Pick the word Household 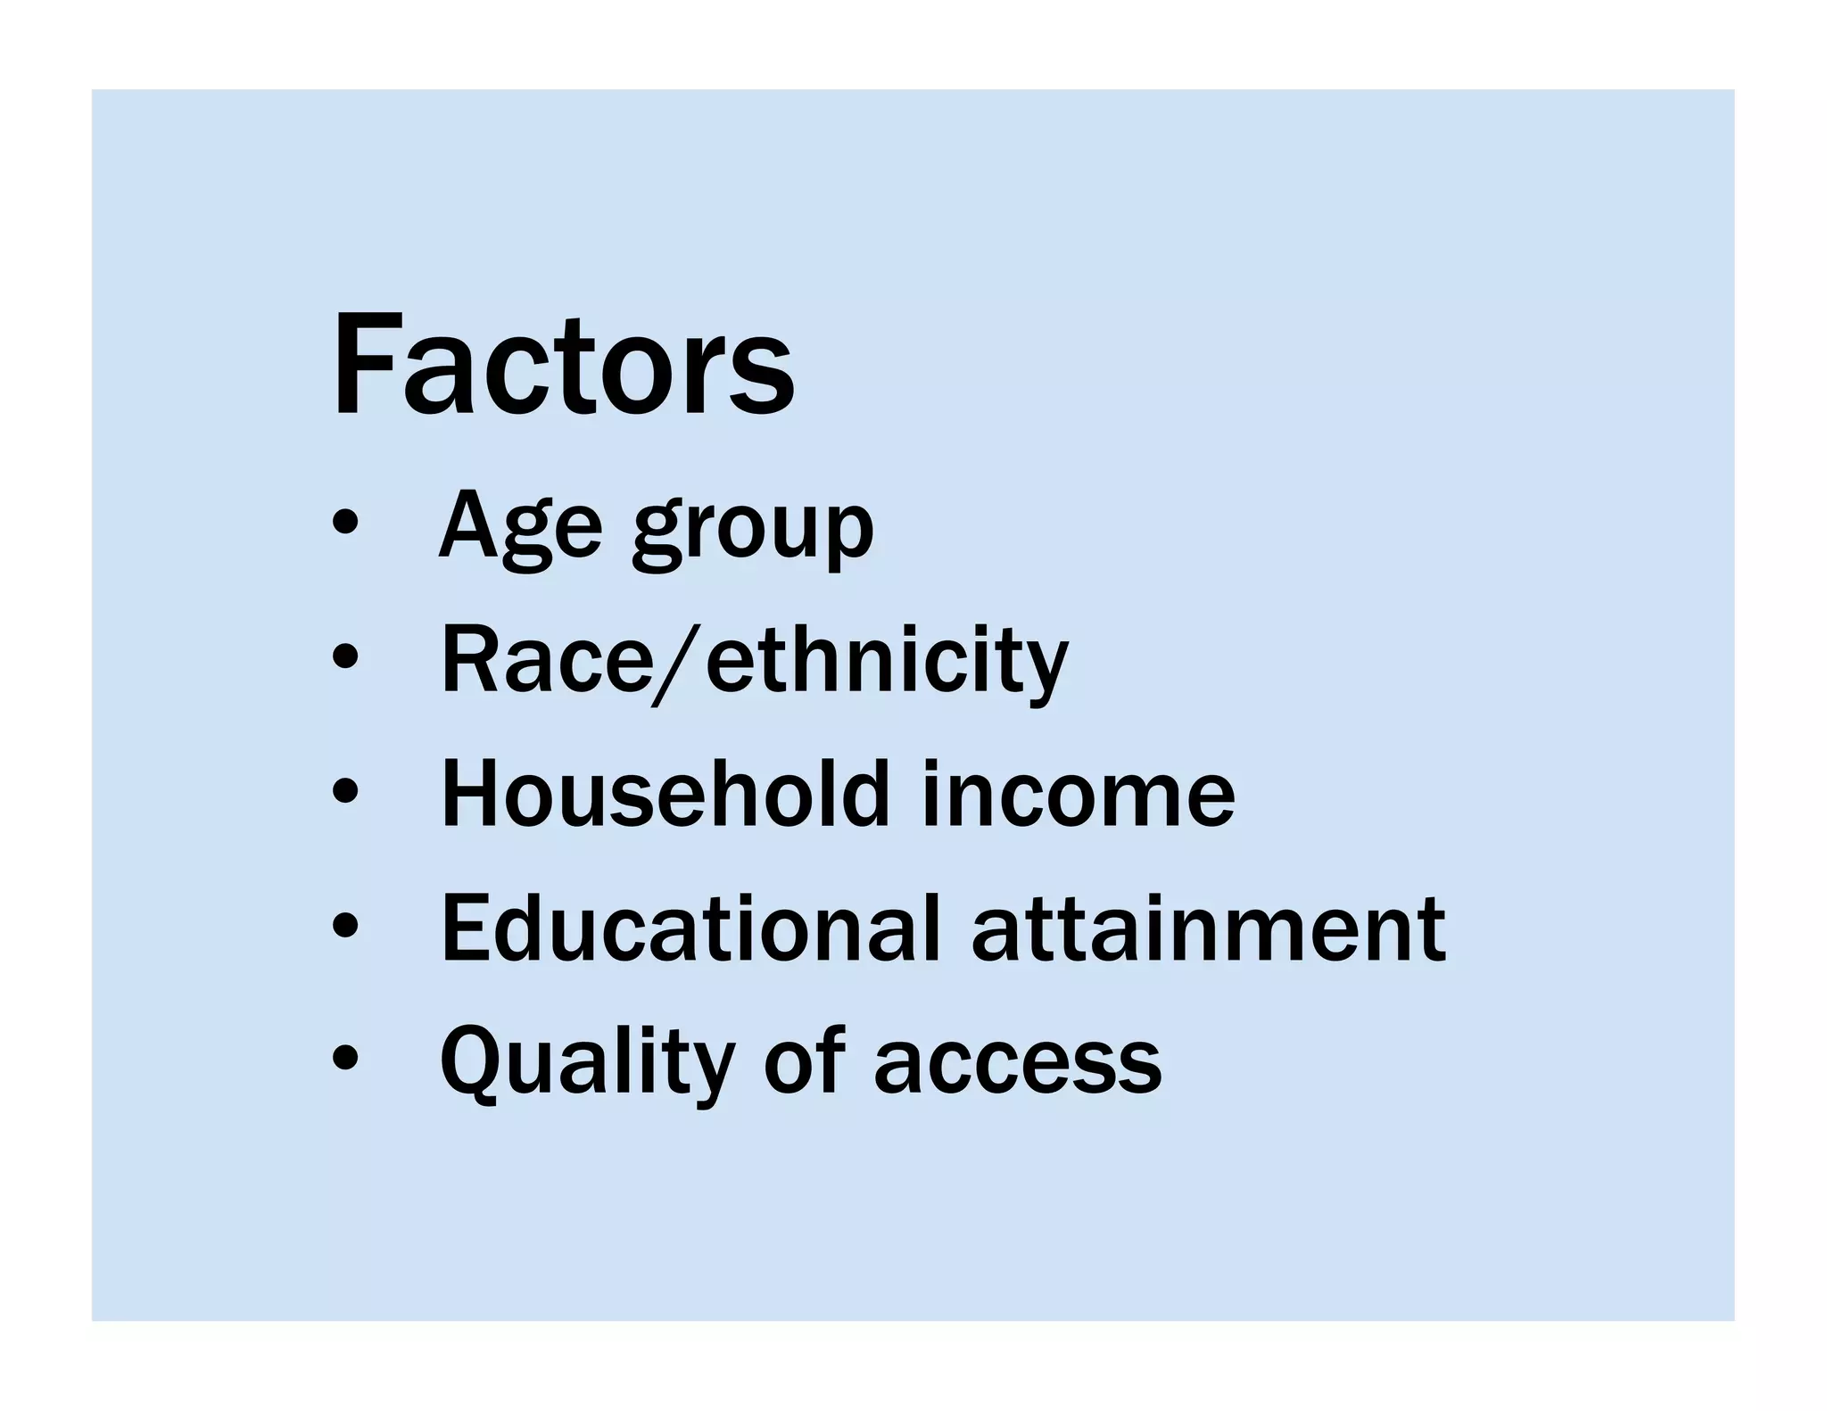(x=665, y=794)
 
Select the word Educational (x=691, y=928)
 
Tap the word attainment (x=1208, y=930)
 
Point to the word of (x=804, y=1061)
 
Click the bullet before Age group (x=344, y=524)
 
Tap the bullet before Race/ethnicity (x=344, y=658)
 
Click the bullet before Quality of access (x=344, y=1059)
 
